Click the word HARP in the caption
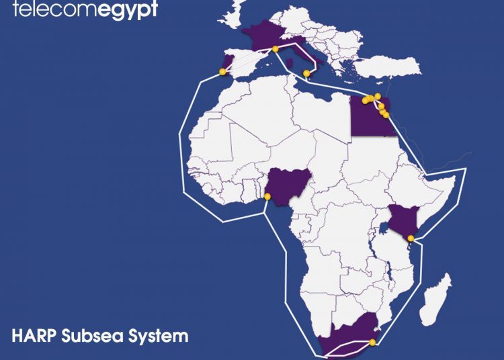[x=34, y=335]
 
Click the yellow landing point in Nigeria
[x=267, y=196]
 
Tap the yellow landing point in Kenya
[x=411, y=238]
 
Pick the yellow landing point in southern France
[x=276, y=48]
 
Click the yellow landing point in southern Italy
[x=306, y=73]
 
